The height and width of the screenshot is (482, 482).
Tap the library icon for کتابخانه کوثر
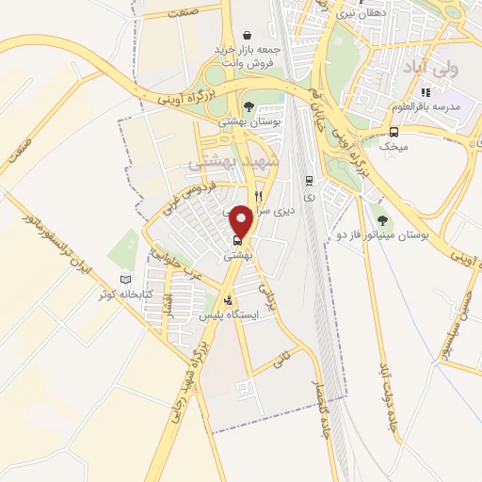(x=126, y=280)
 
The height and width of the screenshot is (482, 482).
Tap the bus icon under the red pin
(x=236, y=239)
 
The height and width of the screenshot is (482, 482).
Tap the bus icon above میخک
(x=394, y=132)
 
